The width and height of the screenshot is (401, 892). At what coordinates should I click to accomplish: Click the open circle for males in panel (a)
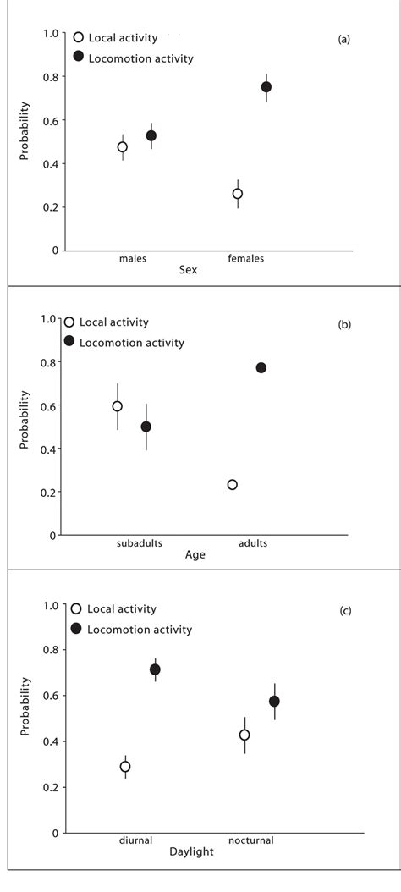point(123,147)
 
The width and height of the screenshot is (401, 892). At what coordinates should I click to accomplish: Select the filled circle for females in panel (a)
point(266,87)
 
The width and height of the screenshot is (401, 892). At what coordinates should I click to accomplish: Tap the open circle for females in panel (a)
point(238,194)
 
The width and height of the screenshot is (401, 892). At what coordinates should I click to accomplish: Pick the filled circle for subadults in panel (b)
point(146,427)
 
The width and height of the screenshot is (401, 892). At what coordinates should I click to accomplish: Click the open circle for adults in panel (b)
point(233,485)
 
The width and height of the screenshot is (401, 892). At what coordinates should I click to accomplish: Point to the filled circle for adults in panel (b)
point(261,368)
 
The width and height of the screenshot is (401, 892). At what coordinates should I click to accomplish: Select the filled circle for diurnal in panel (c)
point(155,669)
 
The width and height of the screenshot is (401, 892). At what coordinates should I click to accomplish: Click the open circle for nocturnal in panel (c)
point(244,735)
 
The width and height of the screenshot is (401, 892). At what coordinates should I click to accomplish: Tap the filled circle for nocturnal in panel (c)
point(274,702)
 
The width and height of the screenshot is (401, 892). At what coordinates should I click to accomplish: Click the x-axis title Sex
point(188,270)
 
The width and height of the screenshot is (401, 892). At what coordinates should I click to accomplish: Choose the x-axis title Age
point(195,555)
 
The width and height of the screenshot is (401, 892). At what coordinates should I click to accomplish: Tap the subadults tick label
point(139,542)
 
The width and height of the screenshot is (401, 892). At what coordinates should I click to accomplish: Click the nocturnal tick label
point(250,840)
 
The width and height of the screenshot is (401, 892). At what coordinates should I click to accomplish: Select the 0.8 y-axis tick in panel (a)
point(52,77)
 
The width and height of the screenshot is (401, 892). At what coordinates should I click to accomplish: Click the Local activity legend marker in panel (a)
point(79,37)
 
